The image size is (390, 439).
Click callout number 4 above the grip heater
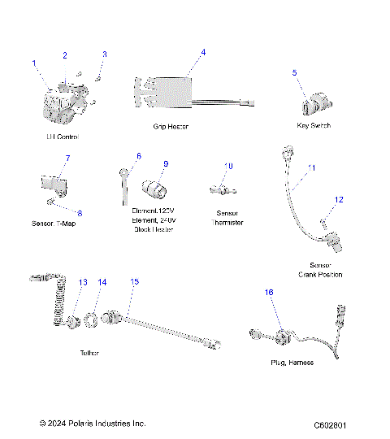(x=203, y=52)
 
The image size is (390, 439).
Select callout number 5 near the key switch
(x=294, y=72)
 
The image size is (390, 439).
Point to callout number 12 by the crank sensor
(x=340, y=199)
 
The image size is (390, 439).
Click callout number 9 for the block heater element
(x=165, y=164)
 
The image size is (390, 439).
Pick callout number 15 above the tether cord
(x=135, y=281)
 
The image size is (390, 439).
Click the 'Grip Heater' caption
(x=171, y=127)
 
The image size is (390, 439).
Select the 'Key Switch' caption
(x=314, y=126)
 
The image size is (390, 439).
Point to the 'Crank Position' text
(x=326, y=275)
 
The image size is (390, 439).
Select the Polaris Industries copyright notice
(x=93, y=424)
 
